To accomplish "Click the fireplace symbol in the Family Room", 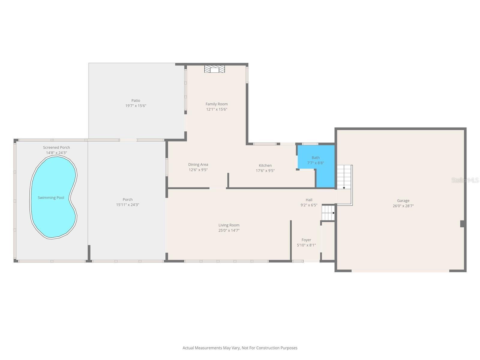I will pyautogui.click(x=214, y=69).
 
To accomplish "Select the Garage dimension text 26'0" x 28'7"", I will pyautogui.click(x=403, y=206).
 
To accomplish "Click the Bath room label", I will pyautogui.click(x=316, y=157).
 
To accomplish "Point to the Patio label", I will pyautogui.click(x=136, y=100).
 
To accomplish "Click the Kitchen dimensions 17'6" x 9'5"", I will pyautogui.click(x=265, y=171).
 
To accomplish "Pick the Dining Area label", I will pyautogui.click(x=198, y=164).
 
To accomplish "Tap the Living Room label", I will pyautogui.click(x=229, y=225).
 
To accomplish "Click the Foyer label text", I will pyautogui.click(x=306, y=240).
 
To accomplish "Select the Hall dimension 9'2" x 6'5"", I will pyautogui.click(x=309, y=205).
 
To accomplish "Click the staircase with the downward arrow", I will pyautogui.click(x=344, y=177).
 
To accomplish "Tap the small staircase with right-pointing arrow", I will pyautogui.click(x=328, y=213).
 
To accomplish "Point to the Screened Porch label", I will pyautogui.click(x=56, y=147).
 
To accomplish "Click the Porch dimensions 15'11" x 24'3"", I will pyautogui.click(x=127, y=205).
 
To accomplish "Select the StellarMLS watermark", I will pyautogui.click(x=465, y=180).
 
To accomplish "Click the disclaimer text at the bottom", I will pyautogui.click(x=240, y=348).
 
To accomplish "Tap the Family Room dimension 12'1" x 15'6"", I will pyautogui.click(x=217, y=109).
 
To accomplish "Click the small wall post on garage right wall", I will pyautogui.click(x=463, y=224).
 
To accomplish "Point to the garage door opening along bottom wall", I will pyautogui.click(x=400, y=271).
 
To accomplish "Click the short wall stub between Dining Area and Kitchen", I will pyautogui.click(x=228, y=180).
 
